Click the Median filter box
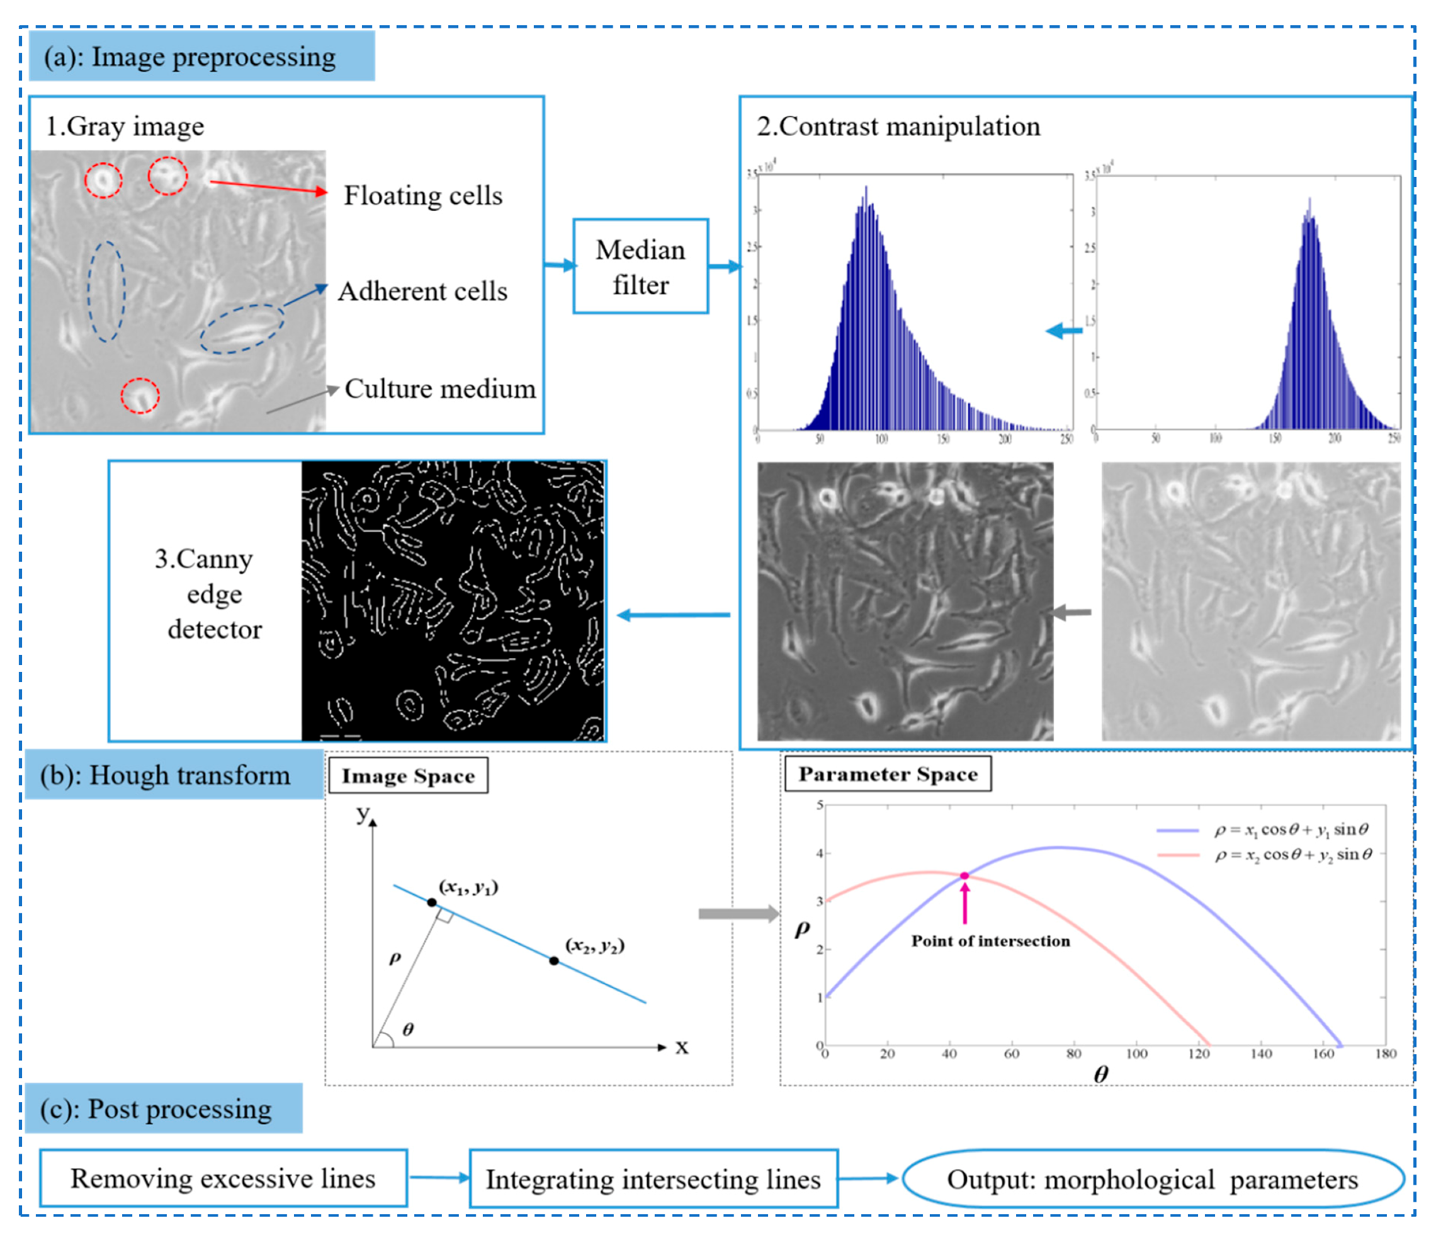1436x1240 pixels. pyautogui.click(x=640, y=266)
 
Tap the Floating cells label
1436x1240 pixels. pyautogui.click(x=423, y=195)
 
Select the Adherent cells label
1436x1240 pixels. pyautogui.click(x=423, y=291)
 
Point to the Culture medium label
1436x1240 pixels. pyautogui.click(x=440, y=389)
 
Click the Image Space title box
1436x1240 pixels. pyautogui.click(x=407, y=776)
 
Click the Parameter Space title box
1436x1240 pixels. pyautogui.click(x=887, y=773)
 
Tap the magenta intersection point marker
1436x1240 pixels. pyautogui.click(x=964, y=876)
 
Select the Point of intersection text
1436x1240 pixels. pyautogui.click(x=990, y=941)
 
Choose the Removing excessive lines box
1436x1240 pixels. pyautogui.click(x=223, y=1178)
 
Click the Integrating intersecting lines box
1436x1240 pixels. pyautogui.click(x=653, y=1179)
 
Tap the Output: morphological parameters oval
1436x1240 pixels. pyautogui.click(x=1152, y=1179)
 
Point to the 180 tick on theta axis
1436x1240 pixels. pyautogui.click(x=1386, y=1054)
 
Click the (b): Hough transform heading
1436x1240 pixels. pyautogui.click(x=165, y=775)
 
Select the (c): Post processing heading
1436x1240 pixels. pyautogui.click(x=156, y=1109)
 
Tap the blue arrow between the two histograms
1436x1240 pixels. pyautogui.click(x=1064, y=331)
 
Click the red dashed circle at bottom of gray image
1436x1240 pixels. pyautogui.click(x=140, y=395)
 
